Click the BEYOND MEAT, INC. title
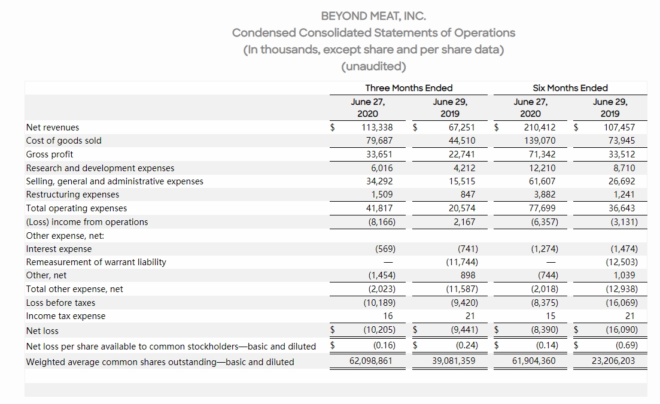point(373,16)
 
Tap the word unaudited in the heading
point(373,66)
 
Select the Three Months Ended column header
point(409,88)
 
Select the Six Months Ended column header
point(570,88)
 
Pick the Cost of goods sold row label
point(64,141)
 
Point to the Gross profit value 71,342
point(540,154)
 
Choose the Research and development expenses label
point(101,168)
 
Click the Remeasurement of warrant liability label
point(96,262)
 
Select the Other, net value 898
point(468,275)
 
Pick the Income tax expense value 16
point(388,316)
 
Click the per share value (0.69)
point(624,345)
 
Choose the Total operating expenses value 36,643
point(621,208)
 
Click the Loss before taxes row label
point(61,303)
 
